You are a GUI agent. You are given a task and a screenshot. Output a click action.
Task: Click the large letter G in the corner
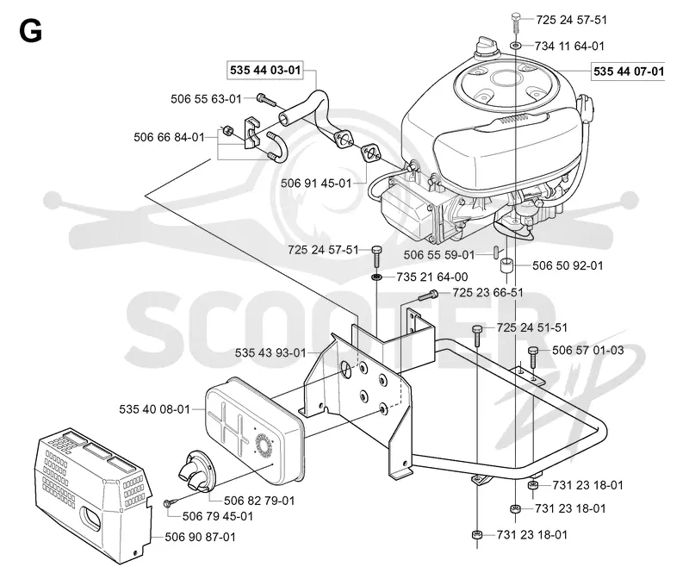(x=30, y=31)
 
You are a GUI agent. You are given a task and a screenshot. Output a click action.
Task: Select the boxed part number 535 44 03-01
(x=265, y=71)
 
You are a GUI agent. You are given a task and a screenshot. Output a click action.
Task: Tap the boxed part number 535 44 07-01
(x=629, y=72)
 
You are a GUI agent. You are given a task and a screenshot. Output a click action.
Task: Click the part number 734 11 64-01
(x=569, y=46)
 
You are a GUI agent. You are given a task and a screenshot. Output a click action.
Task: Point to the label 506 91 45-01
(x=316, y=183)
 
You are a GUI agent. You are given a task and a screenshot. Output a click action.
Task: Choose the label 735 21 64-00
(x=432, y=277)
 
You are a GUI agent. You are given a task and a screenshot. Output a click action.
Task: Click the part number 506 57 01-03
(x=588, y=350)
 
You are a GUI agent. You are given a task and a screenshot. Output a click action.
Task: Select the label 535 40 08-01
(x=155, y=409)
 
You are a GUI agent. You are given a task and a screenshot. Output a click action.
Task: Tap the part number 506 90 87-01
(x=201, y=537)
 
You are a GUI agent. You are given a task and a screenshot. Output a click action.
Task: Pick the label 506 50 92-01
(x=568, y=265)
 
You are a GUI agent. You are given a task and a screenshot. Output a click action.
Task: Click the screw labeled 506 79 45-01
(x=174, y=501)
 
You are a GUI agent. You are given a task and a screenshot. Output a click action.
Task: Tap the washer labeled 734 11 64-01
(x=516, y=45)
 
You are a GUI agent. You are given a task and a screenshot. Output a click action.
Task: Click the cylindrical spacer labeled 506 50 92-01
(x=506, y=265)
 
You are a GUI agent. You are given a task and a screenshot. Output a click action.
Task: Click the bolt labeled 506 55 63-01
(x=266, y=100)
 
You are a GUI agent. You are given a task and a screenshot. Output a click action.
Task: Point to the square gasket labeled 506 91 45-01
(x=372, y=154)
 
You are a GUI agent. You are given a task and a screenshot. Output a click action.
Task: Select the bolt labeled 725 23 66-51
(x=427, y=295)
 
